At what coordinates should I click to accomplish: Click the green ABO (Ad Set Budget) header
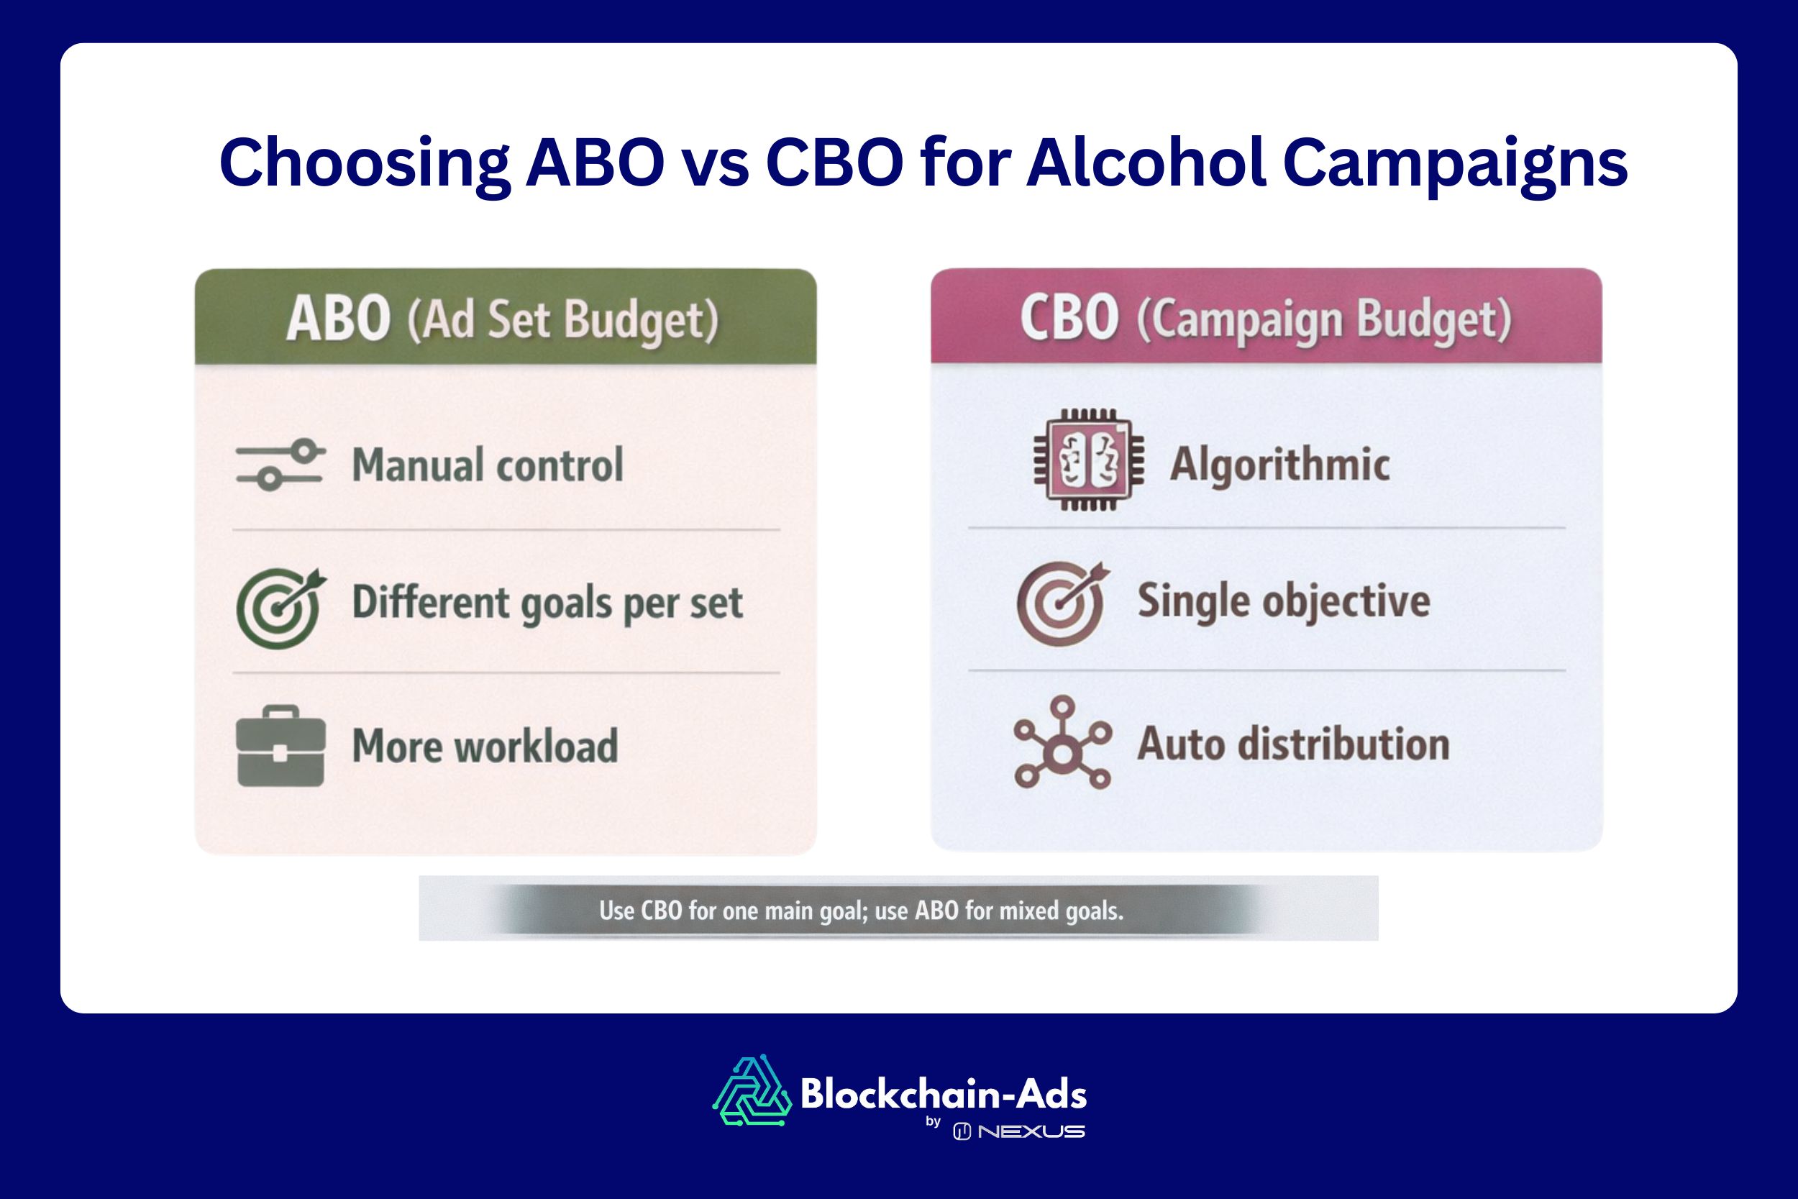(506, 316)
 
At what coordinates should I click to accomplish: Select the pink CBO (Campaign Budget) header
(1266, 315)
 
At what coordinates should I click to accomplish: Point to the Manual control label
(488, 465)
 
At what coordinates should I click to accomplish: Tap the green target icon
(280, 608)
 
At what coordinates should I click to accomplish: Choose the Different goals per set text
(547, 604)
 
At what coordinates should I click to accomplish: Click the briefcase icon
(280, 746)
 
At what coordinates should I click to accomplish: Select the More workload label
(485, 747)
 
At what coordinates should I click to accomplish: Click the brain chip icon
(1089, 460)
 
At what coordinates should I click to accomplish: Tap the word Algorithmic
(1279, 464)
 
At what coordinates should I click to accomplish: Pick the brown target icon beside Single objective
(1062, 603)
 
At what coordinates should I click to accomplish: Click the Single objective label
(1284, 601)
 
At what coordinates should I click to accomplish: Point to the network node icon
(1062, 742)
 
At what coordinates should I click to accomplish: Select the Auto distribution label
(1293, 744)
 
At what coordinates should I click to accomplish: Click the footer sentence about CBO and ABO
(861, 911)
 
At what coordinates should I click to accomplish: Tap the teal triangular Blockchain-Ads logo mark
(752, 1091)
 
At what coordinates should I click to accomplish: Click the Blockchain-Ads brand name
(944, 1094)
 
